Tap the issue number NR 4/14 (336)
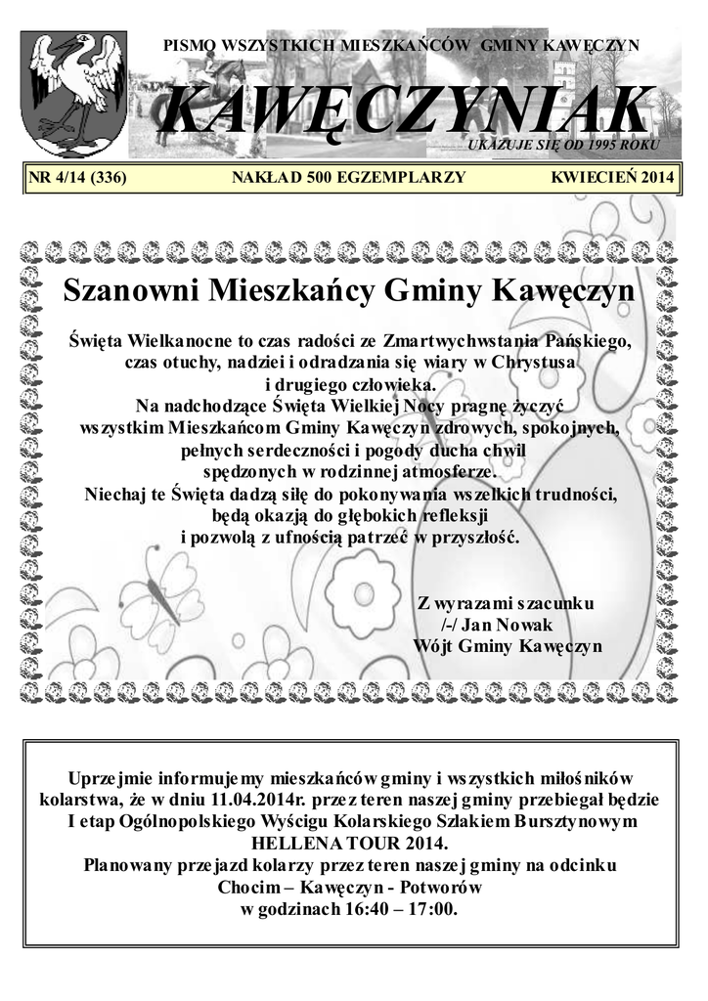click(79, 178)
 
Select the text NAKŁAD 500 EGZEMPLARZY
click(348, 178)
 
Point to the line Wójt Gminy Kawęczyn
click(507, 646)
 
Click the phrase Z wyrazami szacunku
click(505, 603)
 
